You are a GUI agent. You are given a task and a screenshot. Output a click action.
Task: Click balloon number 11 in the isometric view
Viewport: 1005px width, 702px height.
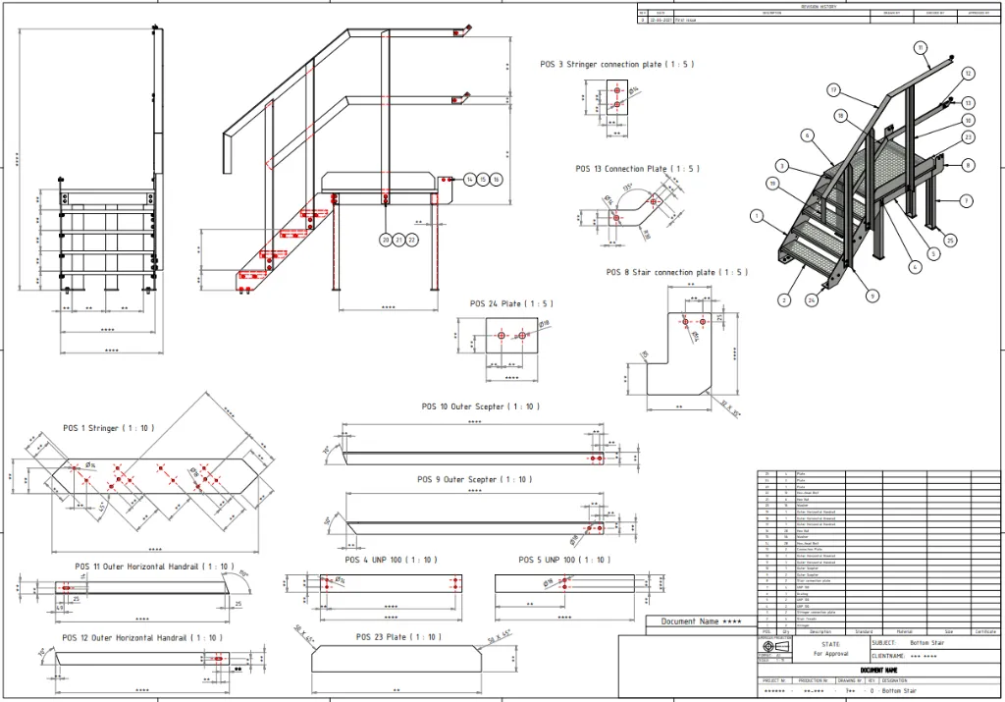pos(920,47)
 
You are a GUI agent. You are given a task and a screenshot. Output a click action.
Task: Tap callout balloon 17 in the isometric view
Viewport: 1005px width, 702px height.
pos(833,90)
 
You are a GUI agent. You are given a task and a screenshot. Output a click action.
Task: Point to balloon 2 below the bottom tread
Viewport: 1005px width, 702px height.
pos(784,300)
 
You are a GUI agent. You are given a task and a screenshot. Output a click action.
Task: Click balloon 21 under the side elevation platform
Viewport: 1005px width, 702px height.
pos(398,240)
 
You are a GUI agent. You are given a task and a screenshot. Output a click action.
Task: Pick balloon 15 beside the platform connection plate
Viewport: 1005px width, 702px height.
pos(483,180)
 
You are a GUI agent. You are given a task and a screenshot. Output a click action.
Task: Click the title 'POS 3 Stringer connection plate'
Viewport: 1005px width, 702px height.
pos(616,65)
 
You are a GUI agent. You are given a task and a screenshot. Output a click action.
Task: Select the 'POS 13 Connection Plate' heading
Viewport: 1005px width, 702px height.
pos(637,169)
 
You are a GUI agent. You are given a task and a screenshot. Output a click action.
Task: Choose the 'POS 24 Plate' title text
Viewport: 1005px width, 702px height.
pos(509,303)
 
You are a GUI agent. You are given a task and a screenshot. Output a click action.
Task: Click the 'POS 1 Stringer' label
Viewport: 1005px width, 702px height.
pos(108,428)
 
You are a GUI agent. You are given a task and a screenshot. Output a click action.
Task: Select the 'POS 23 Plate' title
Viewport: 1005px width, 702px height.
pos(398,637)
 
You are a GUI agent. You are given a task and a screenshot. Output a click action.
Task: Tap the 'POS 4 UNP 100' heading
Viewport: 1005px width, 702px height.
pos(391,560)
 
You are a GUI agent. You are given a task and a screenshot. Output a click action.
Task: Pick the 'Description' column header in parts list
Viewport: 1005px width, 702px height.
pos(820,631)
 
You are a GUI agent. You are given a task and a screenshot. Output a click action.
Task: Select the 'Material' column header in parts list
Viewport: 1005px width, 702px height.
pos(904,631)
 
